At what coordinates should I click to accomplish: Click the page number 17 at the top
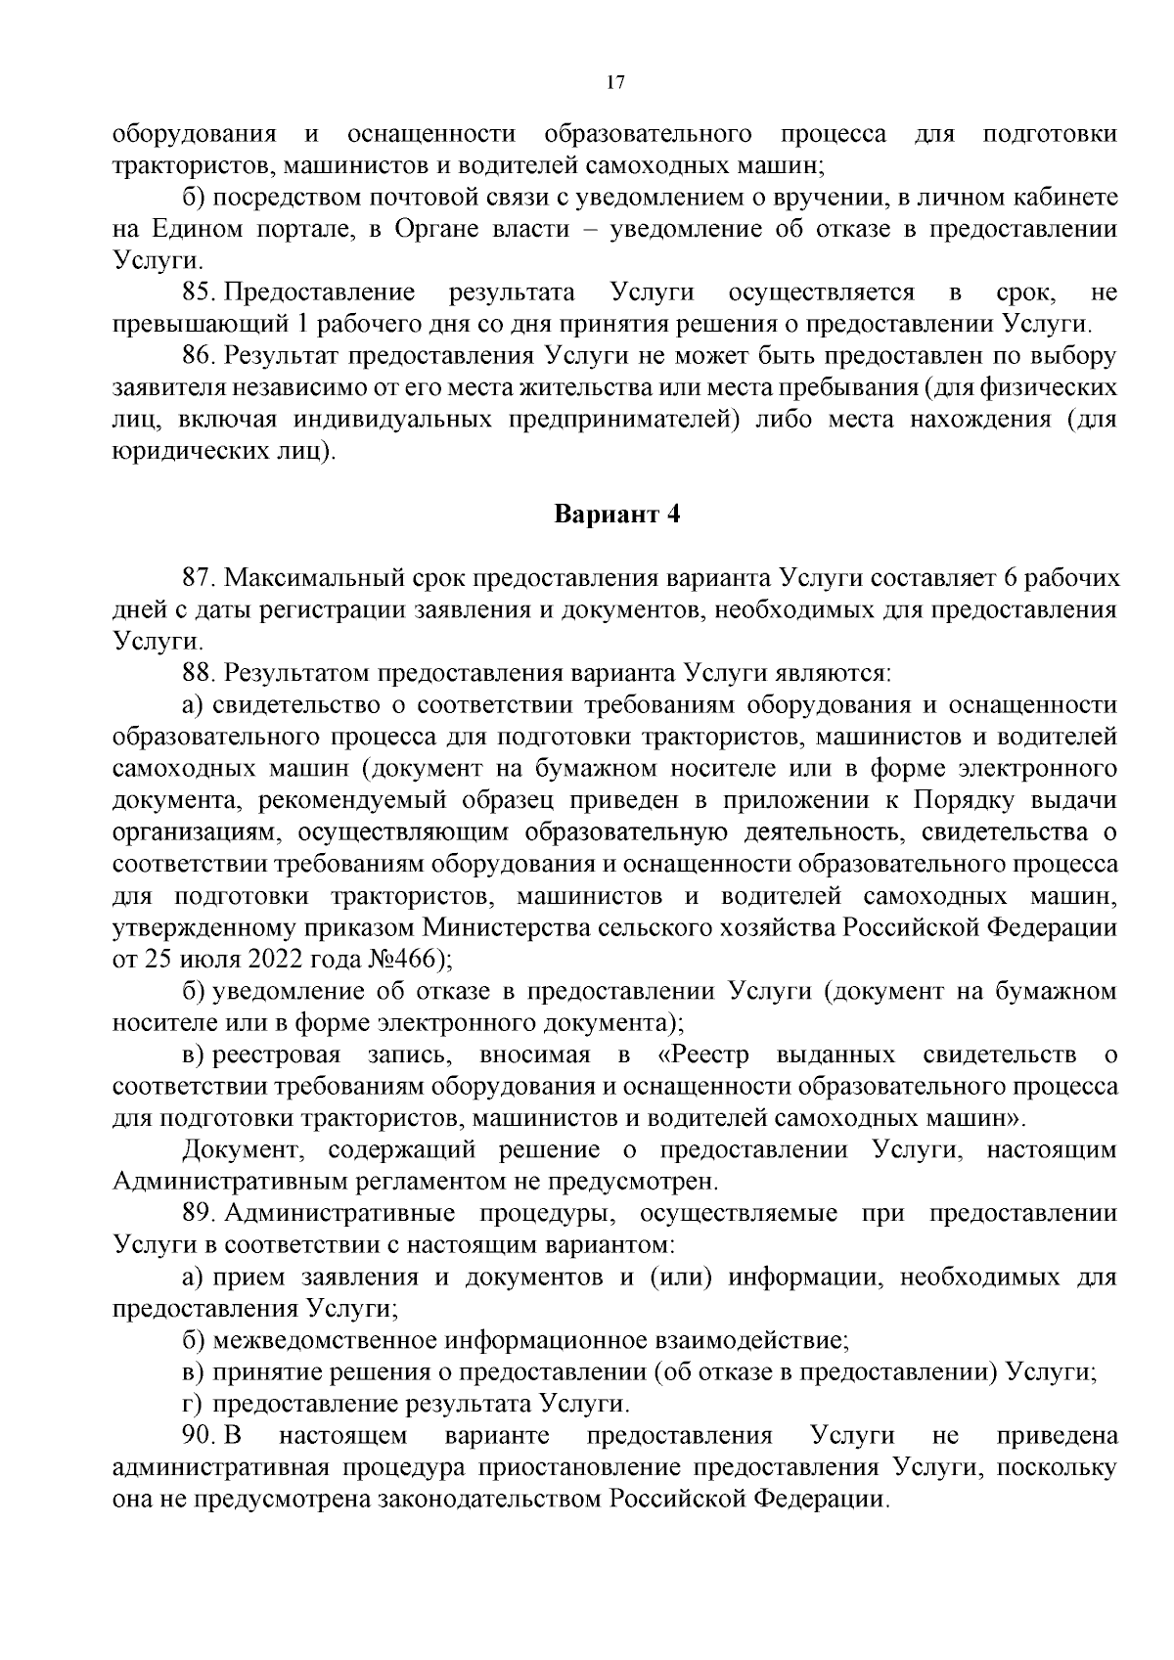pos(615,83)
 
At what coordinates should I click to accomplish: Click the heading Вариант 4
pos(616,515)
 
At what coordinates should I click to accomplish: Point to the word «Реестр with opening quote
pos(698,1055)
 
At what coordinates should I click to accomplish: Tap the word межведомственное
pos(326,1341)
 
